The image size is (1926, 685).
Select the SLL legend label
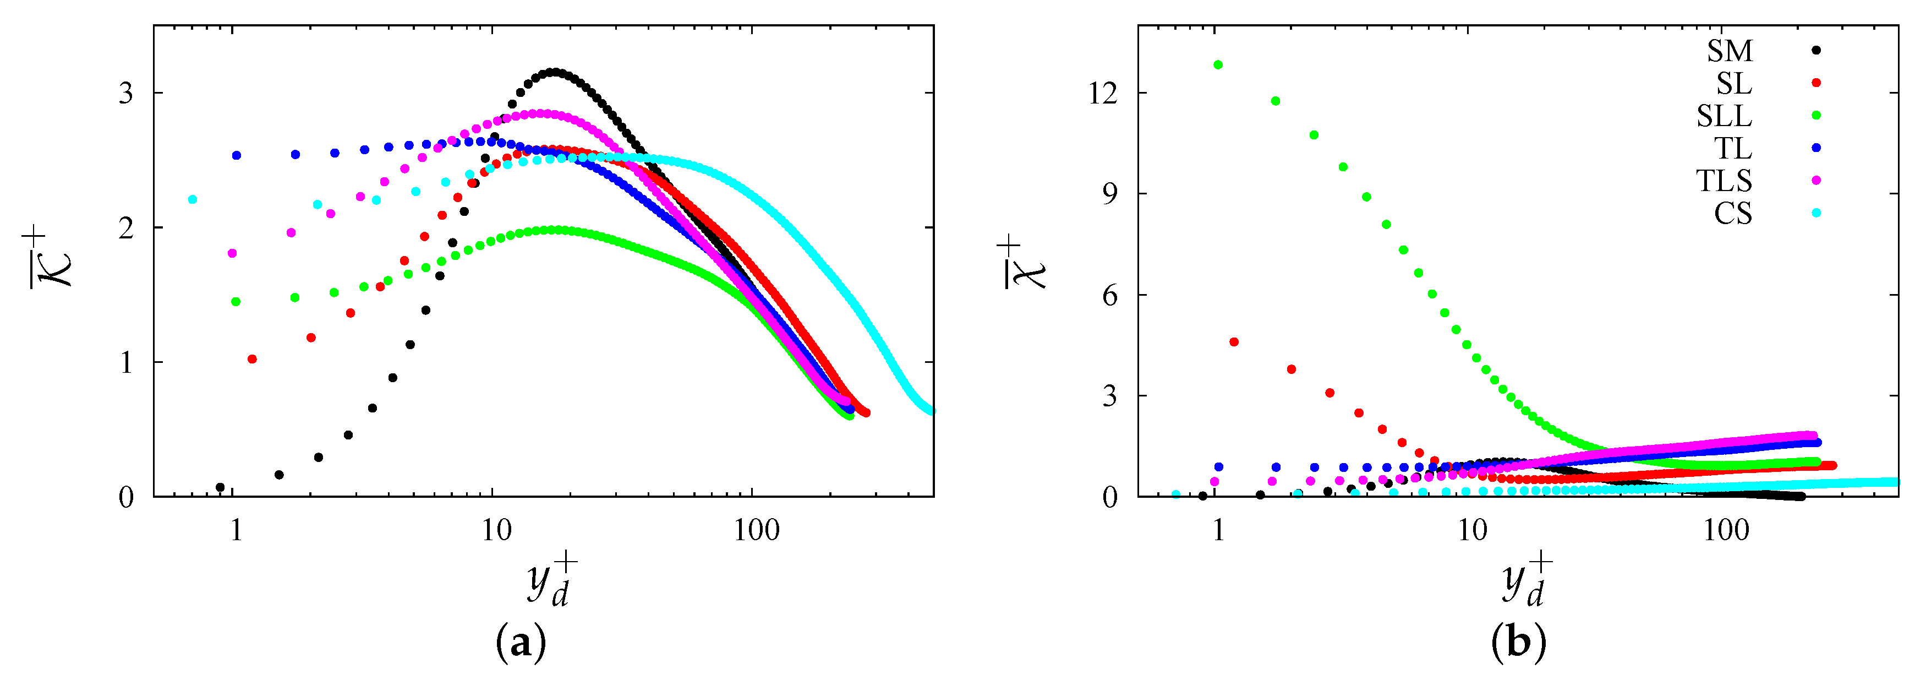click(x=1723, y=116)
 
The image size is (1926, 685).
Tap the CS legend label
click(x=1732, y=214)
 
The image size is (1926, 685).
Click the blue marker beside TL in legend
click(x=1816, y=148)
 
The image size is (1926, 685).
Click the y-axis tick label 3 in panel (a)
click(x=125, y=94)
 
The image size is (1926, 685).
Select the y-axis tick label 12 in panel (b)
click(x=1103, y=94)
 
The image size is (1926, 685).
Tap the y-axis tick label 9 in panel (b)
click(x=1109, y=194)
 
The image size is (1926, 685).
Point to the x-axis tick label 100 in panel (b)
click(x=1726, y=530)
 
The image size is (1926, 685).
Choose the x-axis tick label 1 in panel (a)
click(x=236, y=530)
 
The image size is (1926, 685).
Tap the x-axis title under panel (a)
click(x=551, y=580)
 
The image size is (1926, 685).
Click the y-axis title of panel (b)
click(x=1023, y=262)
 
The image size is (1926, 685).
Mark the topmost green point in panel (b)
click(x=1218, y=65)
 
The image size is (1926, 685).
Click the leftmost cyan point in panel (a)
click(x=193, y=200)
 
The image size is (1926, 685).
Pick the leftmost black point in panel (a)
click(x=220, y=487)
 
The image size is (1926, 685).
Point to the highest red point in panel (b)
click(x=1234, y=342)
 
